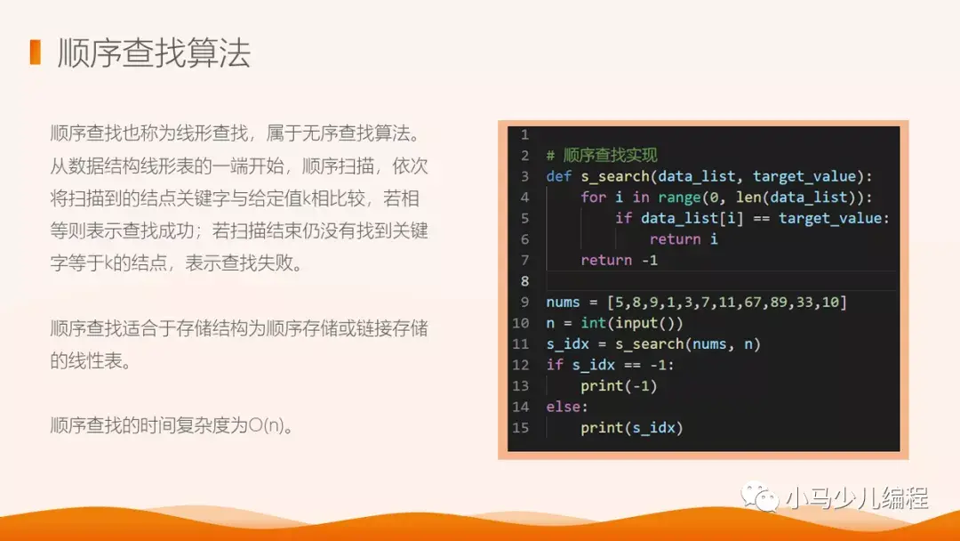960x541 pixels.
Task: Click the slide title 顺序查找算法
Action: coord(154,53)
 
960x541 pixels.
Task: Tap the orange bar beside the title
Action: coord(36,52)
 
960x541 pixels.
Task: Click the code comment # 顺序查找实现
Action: coord(602,156)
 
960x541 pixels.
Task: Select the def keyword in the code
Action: coord(558,176)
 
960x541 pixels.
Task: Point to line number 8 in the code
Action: coord(524,281)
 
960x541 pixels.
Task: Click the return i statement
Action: coord(684,238)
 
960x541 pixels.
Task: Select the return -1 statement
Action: coord(619,260)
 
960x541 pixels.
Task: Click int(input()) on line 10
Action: coord(632,323)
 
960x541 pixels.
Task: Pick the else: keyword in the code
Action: coord(567,407)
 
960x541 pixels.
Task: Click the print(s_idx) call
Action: coord(631,428)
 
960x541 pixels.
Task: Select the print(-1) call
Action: coord(619,386)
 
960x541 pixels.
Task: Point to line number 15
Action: coord(521,428)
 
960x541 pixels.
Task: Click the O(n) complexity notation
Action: coord(271,425)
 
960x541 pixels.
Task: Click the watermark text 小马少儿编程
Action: coord(857,497)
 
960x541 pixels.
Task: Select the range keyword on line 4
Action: coord(679,198)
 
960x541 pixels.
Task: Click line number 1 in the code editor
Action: coord(524,134)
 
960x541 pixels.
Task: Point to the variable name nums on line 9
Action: coord(563,303)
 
